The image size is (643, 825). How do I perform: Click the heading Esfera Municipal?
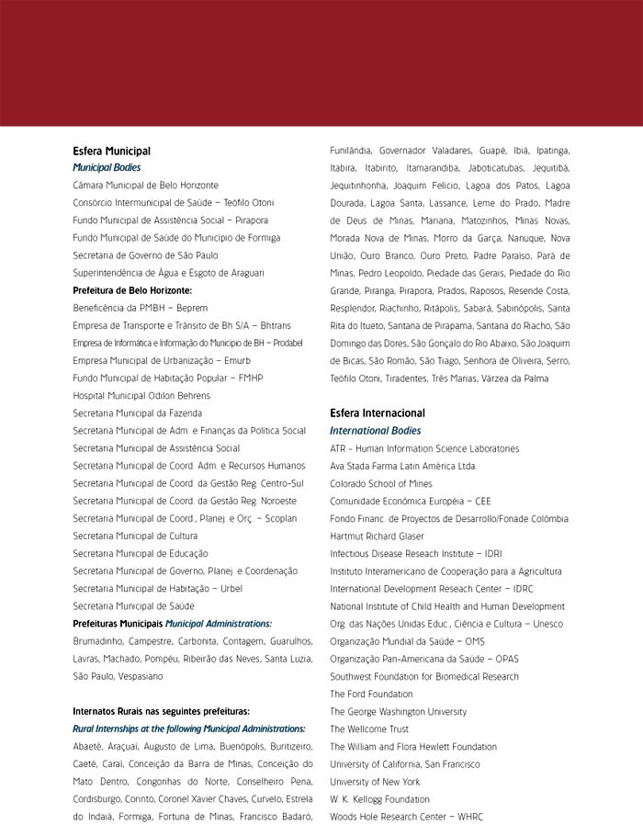coord(111,151)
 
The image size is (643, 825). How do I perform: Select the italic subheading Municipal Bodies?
coord(107,168)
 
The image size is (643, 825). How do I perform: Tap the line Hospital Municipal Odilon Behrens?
coord(141,396)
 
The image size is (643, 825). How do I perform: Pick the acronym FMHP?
coord(250,379)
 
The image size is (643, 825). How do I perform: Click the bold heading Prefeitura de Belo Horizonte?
coord(132,290)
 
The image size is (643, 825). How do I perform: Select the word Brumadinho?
coord(97,641)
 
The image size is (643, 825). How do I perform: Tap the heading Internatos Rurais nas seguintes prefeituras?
coord(161,711)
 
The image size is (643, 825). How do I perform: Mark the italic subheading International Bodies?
coord(375,431)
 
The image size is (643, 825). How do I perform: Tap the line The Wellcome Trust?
coord(369,729)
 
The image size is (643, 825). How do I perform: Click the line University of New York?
coord(375,782)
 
